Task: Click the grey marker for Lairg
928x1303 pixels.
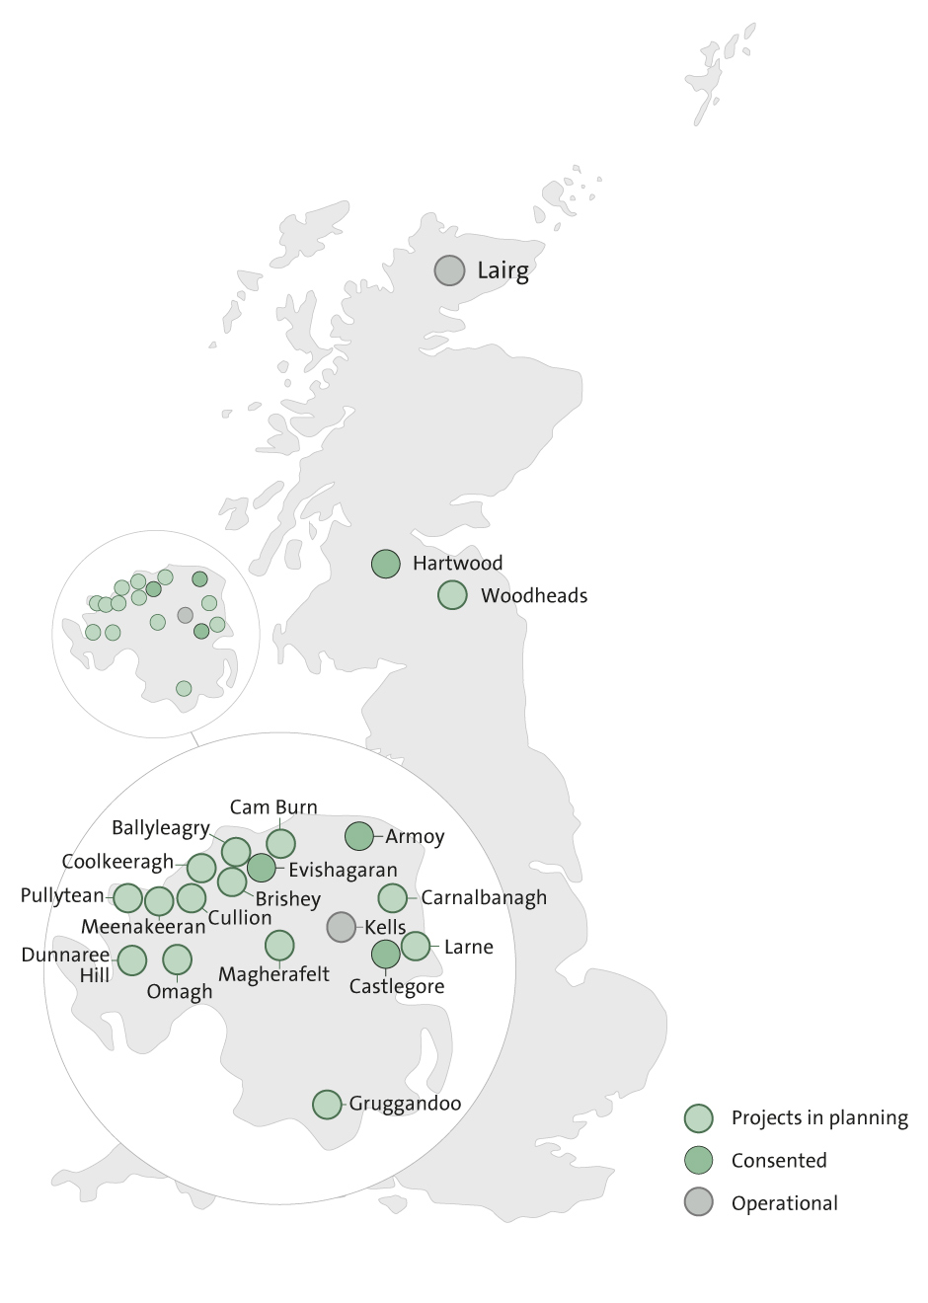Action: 449,269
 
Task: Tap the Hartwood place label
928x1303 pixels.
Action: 457,564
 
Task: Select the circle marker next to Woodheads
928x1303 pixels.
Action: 452,595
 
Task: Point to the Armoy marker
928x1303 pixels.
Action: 359,836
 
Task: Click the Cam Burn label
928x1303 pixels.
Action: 273,807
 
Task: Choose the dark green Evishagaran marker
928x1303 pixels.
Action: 261,868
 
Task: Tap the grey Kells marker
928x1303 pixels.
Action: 341,926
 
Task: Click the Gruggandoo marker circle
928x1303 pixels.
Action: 327,1105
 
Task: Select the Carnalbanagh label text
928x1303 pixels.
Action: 484,898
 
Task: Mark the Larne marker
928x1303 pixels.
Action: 416,946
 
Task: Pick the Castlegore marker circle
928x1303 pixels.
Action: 386,954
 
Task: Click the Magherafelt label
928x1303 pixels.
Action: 273,974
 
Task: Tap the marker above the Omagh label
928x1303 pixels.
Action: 177,958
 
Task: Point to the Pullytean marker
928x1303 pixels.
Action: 128,898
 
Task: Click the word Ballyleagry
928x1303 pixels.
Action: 160,828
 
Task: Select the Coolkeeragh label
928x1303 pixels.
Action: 116,862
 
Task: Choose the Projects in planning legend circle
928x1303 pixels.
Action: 699,1118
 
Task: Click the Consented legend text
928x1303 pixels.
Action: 779,1161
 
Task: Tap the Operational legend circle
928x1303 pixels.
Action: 699,1203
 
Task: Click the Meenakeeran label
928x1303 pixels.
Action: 143,927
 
